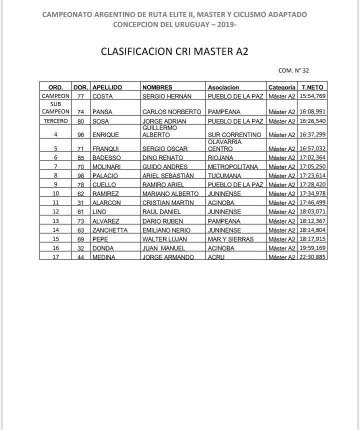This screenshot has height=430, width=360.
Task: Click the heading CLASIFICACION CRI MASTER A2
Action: pos(174,51)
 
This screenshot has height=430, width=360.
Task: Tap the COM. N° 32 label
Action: pos(293,71)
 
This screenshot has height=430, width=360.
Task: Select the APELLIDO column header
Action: pos(107,87)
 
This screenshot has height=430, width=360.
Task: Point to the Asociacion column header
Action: pos(223,87)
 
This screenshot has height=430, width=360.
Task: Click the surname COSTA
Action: pos(102,96)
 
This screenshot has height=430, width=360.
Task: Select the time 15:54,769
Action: pos(312,96)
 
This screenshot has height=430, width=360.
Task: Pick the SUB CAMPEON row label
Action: pos(55,108)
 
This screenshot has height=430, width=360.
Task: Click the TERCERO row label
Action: pos(55,121)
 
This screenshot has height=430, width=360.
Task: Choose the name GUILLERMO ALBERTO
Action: pos(160,131)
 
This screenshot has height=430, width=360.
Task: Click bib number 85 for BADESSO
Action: pos(80,158)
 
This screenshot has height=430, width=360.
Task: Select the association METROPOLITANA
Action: pos(232,167)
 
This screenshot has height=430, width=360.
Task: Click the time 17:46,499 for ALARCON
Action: pos(312,203)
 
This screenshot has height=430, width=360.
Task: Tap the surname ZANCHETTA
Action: pos(110,230)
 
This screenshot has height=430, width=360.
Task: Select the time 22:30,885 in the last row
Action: pos(312,257)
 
